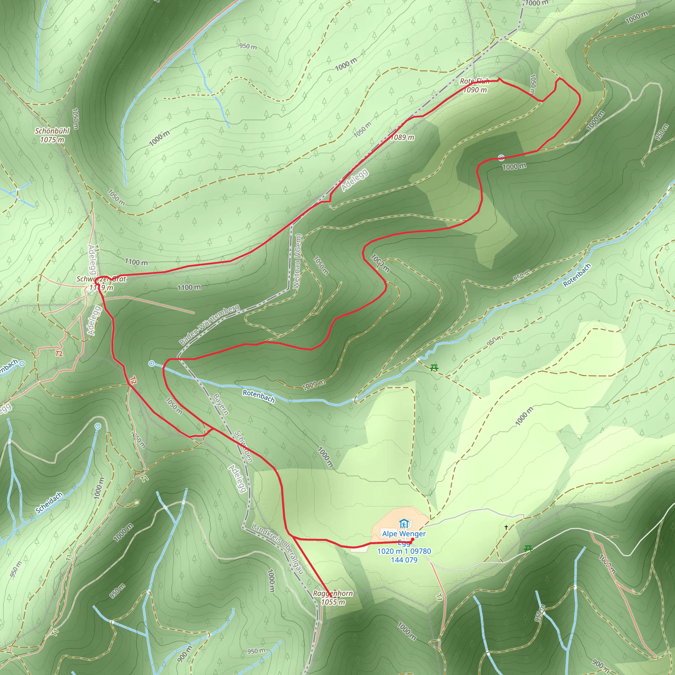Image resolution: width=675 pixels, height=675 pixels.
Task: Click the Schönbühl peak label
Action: [52, 132]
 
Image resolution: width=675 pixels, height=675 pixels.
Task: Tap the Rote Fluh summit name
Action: [475, 81]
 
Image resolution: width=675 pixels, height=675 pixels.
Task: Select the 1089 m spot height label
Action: [402, 137]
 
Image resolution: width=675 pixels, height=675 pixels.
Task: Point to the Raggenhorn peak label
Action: [333, 593]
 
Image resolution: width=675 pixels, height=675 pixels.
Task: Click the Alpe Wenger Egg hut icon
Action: [404, 524]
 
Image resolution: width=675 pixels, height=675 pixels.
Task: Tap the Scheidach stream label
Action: [49, 503]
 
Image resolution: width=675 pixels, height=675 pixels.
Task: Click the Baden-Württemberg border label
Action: [209, 325]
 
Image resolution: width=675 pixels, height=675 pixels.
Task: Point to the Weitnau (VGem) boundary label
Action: [297, 261]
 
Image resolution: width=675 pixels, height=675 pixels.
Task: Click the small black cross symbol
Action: [506, 527]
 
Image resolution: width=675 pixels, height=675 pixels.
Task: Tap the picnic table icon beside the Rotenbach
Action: [434, 367]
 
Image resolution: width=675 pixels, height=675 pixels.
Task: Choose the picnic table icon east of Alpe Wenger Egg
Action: [528, 549]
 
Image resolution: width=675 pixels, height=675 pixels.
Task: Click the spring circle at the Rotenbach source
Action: [152, 364]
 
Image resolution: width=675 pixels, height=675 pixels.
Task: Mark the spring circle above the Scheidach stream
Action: [98, 426]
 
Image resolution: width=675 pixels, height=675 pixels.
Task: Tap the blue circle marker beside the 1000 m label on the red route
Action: [501, 158]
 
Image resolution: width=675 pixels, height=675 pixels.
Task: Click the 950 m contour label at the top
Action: [248, 46]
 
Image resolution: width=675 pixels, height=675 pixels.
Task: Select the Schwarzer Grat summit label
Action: [101, 279]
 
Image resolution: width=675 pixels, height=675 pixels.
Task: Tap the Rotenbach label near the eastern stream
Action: [577, 275]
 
